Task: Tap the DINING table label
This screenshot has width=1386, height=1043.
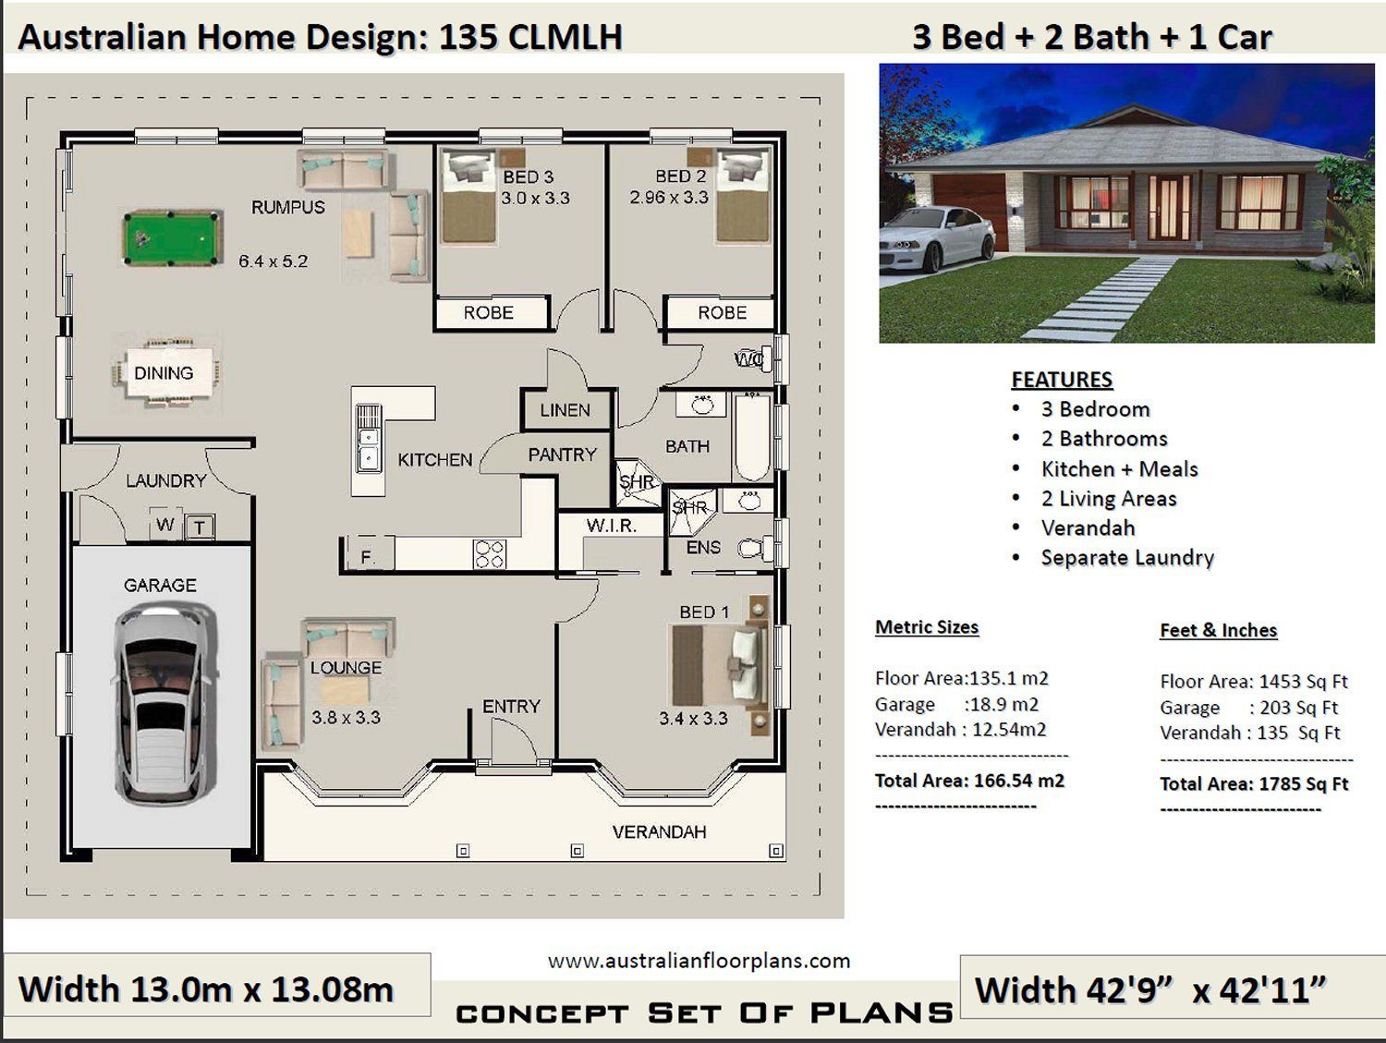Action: (x=164, y=373)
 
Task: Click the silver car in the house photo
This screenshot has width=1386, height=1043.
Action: (x=936, y=238)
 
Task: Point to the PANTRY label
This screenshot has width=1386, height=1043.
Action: (x=562, y=455)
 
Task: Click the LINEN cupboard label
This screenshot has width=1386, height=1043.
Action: (x=565, y=410)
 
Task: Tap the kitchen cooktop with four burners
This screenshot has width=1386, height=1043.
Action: (x=490, y=553)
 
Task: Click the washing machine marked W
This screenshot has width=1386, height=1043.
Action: (x=165, y=524)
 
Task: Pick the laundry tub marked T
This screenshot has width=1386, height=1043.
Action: (x=200, y=527)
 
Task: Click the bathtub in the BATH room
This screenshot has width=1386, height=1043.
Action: (x=752, y=437)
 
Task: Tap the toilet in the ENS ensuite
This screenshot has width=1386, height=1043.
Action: (x=755, y=548)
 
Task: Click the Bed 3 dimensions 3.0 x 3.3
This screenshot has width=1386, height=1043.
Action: (x=535, y=199)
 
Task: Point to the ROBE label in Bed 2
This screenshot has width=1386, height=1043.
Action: (x=723, y=312)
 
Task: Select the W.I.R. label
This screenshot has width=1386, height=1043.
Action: (x=612, y=526)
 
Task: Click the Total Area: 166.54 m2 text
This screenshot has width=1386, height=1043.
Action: (x=970, y=781)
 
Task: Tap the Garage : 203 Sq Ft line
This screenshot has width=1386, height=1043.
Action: (x=1248, y=708)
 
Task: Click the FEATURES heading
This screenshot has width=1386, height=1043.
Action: (x=1062, y=380)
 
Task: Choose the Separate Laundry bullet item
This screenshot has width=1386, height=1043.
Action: (x=1127, y=558)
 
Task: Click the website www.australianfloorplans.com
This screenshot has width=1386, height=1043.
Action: (x=699, y=962)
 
